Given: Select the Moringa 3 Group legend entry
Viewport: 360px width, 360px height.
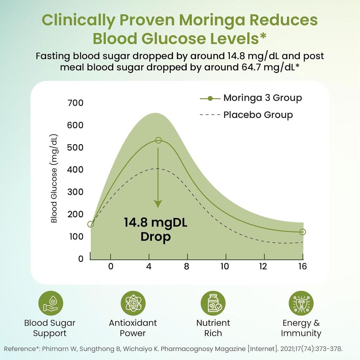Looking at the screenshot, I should (x=262, y=98).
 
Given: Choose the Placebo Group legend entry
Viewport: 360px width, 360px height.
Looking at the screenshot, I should (x=258, y=115).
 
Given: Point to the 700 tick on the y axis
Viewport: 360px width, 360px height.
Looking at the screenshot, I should (x=76, y=103).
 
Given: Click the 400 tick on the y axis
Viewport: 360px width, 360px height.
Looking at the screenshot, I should (x=76, y=170).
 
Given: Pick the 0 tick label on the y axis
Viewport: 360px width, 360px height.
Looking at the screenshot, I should (x=81, y=259).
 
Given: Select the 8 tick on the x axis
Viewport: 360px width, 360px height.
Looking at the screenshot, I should (x=186, y=266).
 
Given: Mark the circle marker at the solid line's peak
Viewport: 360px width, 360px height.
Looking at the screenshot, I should (x=159, y=140).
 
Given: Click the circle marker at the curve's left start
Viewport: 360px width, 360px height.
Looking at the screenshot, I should (x=90, y=224).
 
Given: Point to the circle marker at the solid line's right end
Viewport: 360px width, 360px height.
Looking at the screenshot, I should (x=303, y=232).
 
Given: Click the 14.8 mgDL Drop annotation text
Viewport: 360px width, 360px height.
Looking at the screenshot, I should (x=155, y=229).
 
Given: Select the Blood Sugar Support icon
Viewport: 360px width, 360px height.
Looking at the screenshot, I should (x=51, y=303).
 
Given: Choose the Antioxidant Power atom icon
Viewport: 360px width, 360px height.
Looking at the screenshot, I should (x=133, y=303).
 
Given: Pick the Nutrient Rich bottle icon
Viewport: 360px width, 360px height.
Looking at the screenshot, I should (x=213, y=303).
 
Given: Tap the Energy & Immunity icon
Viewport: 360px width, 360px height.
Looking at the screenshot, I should (x=301, y=303).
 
